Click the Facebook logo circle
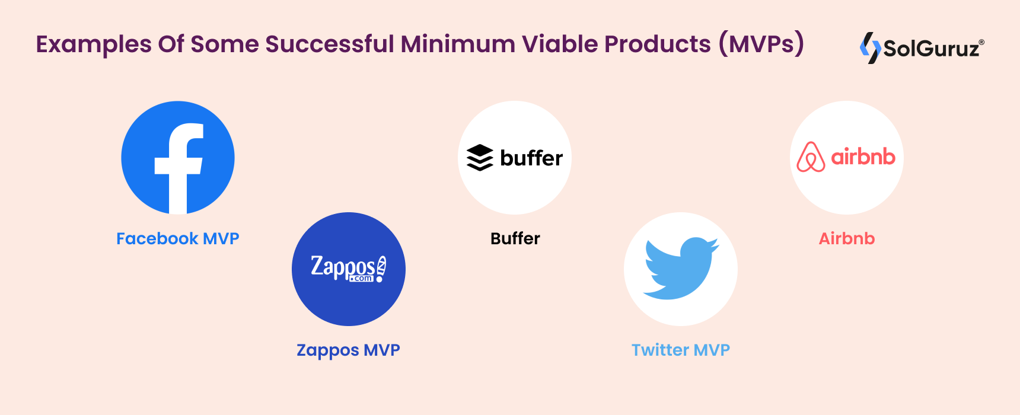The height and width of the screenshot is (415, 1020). [178, 158]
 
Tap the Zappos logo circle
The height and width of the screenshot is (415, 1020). [349, 269]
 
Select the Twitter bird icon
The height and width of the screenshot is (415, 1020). [681, 269]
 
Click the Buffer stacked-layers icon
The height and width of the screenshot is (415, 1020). [480, 158]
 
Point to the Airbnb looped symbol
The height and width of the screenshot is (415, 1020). [811, 157]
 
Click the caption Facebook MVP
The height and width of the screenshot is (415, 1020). [178, 238]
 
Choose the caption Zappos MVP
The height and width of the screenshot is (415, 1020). [349, 350]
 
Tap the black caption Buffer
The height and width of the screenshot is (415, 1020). [515, 238]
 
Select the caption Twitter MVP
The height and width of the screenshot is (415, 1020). [681, 350]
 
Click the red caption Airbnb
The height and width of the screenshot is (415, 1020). [847, 238]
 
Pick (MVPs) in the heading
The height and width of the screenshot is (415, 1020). [761, 44]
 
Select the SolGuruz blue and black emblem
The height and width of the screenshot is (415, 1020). [870, 47]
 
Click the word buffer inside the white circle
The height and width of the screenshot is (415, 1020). [531, 158]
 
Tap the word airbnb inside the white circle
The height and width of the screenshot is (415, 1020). [863, 157]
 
